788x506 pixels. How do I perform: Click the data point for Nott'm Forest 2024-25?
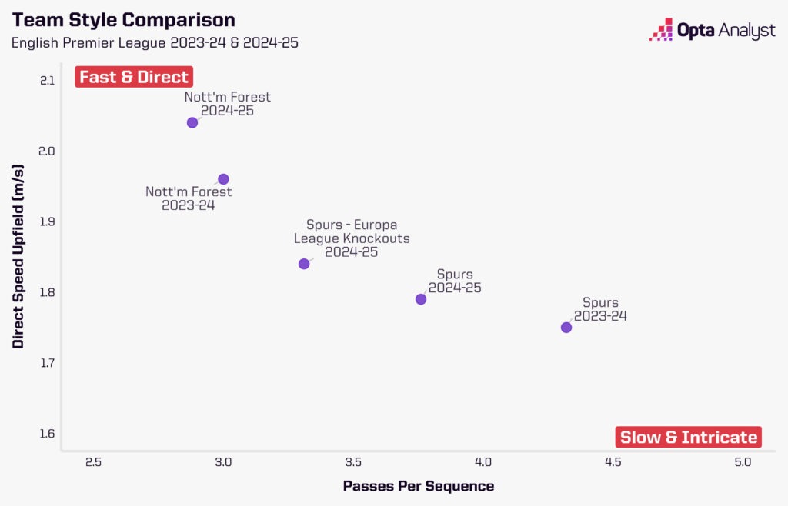click(x=192, y=122)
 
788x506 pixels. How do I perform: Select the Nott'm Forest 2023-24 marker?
click(x=223, y=179)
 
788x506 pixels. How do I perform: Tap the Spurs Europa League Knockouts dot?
click(x=304, y=264)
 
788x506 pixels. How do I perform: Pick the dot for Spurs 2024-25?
click(x=421, y=299)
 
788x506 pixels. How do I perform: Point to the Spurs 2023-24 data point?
click(x=566, y=328)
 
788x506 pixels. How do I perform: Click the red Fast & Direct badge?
click(x=134, y=77)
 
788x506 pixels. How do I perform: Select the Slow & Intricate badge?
click(x=689, y=438)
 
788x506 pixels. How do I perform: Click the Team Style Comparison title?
click(x=123, y=19)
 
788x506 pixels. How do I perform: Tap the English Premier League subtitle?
click(x=155, y=42)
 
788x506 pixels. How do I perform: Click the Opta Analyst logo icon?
click(x=661, y=30)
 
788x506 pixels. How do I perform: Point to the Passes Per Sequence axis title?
click(x=418, y=486)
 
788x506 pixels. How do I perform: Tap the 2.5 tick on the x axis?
click(x=94, y=462)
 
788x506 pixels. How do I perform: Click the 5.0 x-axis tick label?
click(x=743, y=462)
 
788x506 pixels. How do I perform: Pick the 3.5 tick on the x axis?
click(x=353, y=462)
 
